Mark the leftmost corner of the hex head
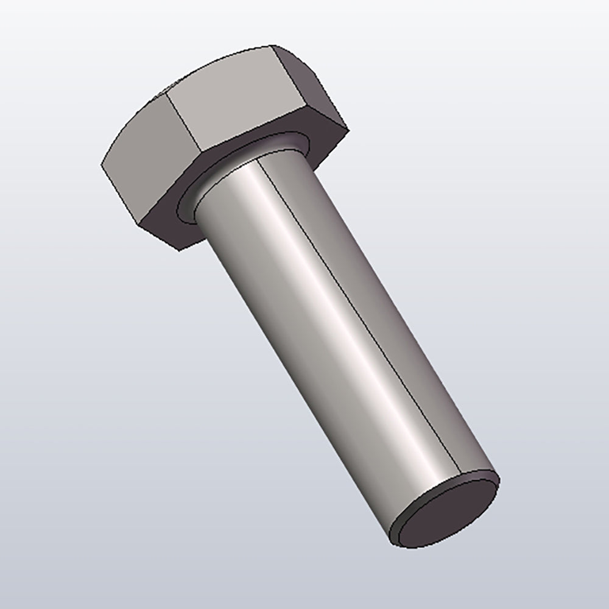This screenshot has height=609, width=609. (100, 164)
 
